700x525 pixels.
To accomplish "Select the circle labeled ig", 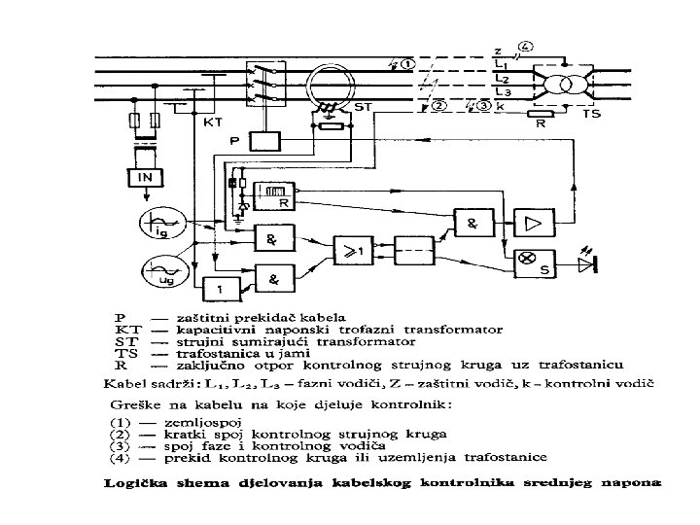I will point(158,226).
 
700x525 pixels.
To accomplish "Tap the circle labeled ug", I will point(158,268).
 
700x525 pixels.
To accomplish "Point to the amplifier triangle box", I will point(534,222).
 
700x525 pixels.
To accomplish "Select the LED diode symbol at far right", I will point(586,262).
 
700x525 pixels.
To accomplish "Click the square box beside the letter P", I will point(262,141).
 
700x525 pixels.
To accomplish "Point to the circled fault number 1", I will point(406,65).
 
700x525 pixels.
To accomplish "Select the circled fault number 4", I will point(526,46).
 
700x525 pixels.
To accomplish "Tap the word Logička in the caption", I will point(135,479).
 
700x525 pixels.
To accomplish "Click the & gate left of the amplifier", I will point(473,223).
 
